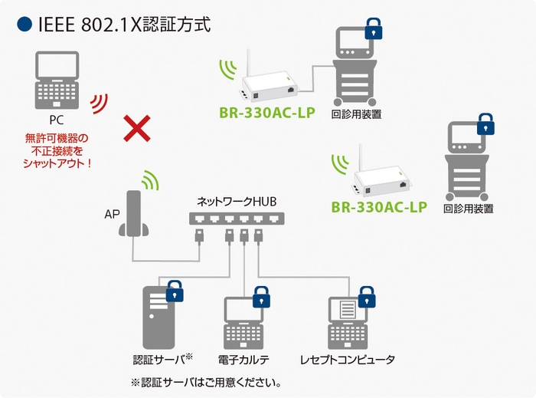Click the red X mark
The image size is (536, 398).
[x=136, y=129]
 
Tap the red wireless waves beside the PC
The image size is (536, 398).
[x=99, y=104]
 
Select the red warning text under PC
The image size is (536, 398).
[x=57, y=150]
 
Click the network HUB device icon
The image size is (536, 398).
[x=229, y=219]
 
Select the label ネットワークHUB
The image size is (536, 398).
[x=232, y=202]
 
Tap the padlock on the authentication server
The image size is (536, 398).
[x=175, y=292]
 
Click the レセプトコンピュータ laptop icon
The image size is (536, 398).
[x=349, y=322]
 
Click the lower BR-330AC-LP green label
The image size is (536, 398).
[x=378, y=207]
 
